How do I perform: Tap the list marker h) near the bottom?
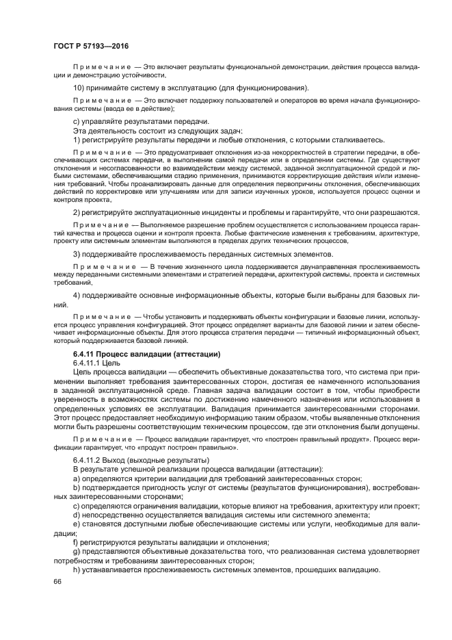[x=76, y=570]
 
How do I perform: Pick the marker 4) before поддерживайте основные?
[x=77, y=296]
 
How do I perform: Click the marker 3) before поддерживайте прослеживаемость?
[x=77, y=254]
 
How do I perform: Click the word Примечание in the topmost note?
[x=102, y=66]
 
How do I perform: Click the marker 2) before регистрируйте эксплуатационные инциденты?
[x=77, y=213]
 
